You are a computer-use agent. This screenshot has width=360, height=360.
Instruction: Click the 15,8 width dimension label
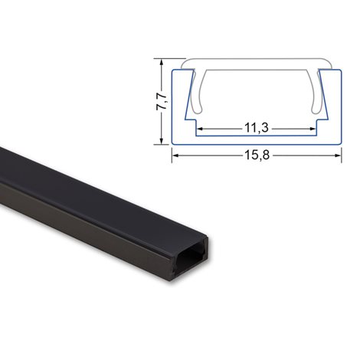pyautogui.click(x=257, y=155)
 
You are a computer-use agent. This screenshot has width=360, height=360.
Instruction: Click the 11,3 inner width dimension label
pyautogui.click(x=257, y=128)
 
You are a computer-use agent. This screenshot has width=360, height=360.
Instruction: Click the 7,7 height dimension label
pyautogui.click(x=162, y=102)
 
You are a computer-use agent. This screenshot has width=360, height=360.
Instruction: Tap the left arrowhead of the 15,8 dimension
pyautogui.click(x=175, y=155)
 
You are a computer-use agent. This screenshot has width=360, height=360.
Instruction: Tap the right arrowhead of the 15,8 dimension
pyautogui.click(x=338, y=155)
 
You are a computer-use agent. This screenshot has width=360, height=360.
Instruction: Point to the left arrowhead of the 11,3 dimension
pyautogui.click(x=201, y=129)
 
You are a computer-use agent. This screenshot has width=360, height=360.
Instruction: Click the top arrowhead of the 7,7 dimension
pyautogui.click(x=161, y=62)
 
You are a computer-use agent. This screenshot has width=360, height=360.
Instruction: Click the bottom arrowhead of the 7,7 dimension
pyautogui.click(x=161, y=141)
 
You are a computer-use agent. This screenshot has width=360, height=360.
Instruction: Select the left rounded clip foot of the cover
pyautogui.click(x=198, y=109)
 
